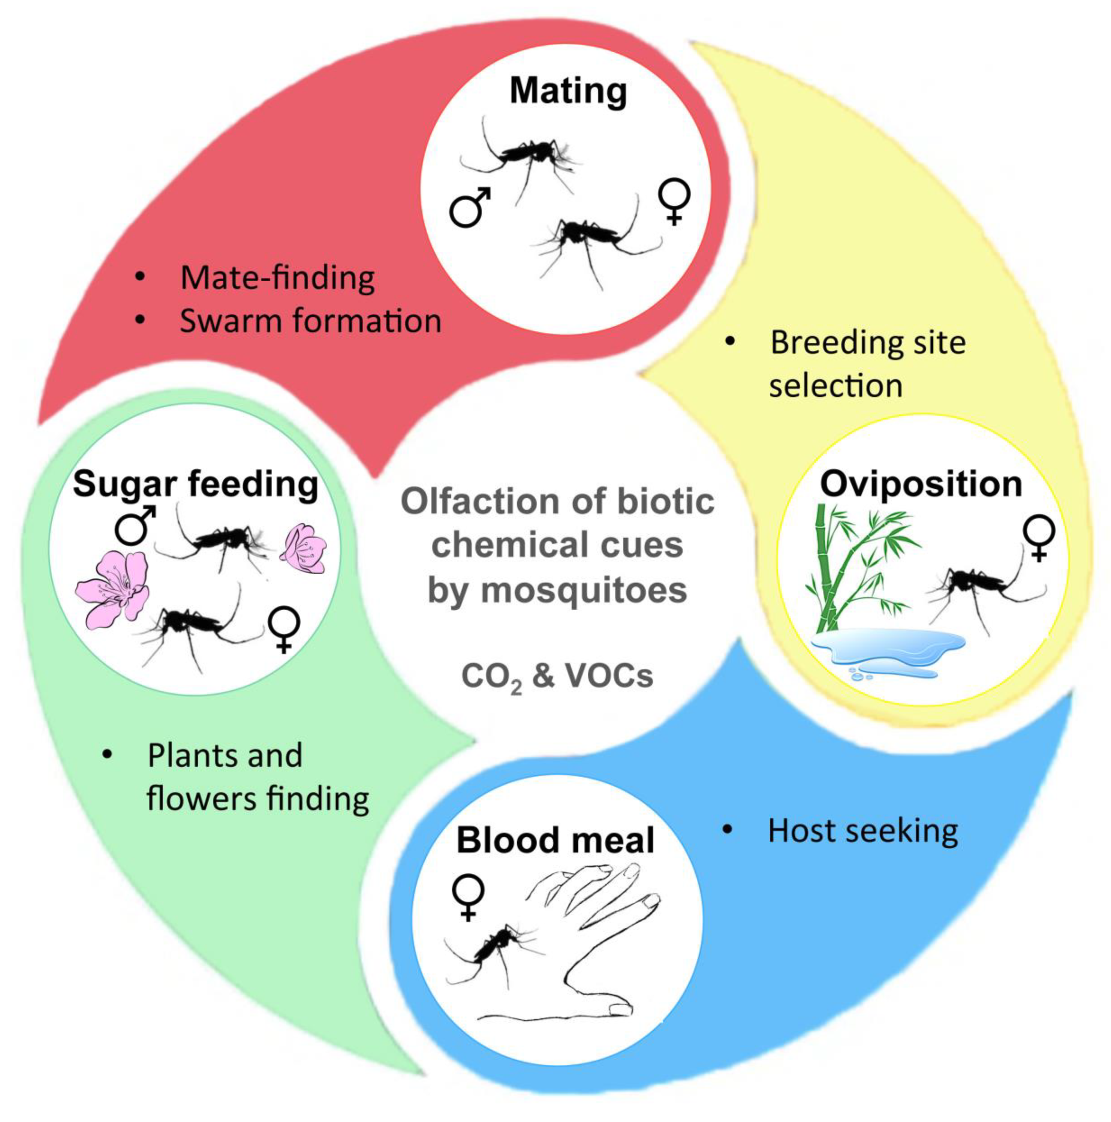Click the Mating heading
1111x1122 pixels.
568,92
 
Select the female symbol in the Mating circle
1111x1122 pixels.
674,200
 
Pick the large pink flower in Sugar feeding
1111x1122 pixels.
113,590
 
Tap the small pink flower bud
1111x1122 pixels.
303,549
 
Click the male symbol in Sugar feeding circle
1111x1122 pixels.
135,524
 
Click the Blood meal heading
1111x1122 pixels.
555,840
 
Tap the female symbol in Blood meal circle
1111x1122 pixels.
467,897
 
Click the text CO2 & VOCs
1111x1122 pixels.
557,677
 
